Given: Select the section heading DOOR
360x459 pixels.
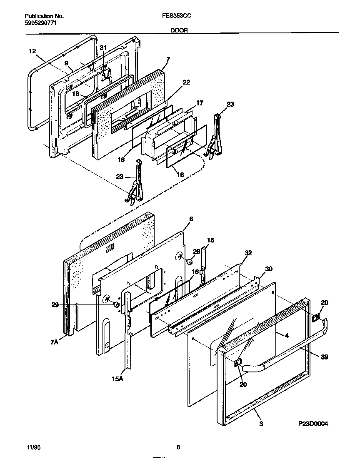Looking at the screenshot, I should [179, 30].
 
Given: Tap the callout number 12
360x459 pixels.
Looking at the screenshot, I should [32, 51].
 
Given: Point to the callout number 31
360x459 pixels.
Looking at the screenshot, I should [103, 48].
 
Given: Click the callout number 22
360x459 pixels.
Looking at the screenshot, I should [186, 82].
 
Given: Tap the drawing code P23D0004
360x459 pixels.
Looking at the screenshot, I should [313, 424].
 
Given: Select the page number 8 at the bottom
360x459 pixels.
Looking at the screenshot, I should [178, 448].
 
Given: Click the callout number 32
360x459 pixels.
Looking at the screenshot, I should [248, 253].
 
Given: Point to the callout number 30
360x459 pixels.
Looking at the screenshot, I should [269, 269].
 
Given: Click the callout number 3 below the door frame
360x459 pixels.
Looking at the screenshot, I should [261, 424].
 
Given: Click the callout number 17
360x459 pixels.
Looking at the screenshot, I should [200, 103].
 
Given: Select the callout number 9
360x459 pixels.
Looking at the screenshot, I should [66, 63].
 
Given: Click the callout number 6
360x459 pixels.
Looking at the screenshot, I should [191, 219].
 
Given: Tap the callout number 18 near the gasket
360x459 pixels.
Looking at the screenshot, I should [75, 94].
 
